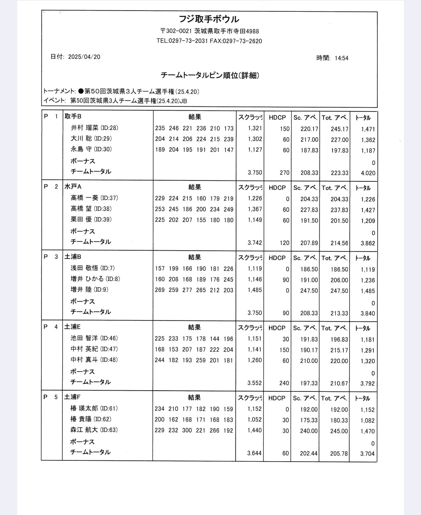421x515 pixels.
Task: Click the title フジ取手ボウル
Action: (209, 19)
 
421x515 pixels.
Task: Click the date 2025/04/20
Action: (84, 57)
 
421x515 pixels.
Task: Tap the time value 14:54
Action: (341, 58)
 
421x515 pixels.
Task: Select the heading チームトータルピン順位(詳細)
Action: (210, 75)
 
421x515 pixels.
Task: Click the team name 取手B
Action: (73, 117)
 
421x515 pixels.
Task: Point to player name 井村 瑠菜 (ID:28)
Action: (94, 128)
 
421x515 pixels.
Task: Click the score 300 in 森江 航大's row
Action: (187, 431)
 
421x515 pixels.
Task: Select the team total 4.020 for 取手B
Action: (368, 173)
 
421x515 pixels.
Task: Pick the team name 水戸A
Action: (73, 187)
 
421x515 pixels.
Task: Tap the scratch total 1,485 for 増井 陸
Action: (255, 290)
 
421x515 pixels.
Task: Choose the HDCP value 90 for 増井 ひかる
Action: (286, 280)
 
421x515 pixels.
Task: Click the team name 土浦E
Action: (73, 327)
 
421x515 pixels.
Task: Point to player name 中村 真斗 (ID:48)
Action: (94, 360)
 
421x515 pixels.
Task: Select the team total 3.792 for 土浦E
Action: (368, 384)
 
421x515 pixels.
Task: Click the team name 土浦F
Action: (73, 397)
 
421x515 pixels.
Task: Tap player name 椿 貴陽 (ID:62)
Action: (91, 419)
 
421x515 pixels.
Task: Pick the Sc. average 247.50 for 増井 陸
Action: (309, 291)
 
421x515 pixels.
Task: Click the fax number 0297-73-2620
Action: (242, 41)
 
